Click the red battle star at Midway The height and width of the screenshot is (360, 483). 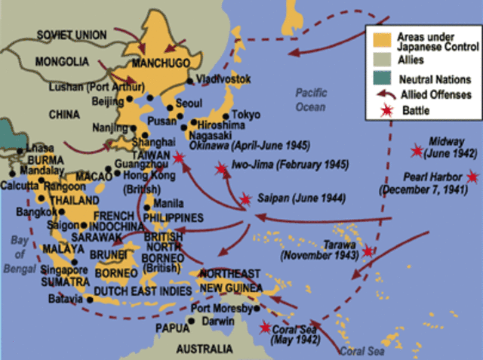[416, 151]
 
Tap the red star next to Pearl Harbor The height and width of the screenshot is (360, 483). [472, 177]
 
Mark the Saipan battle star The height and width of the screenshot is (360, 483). [245, 199]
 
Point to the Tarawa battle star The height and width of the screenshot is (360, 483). [368, 252]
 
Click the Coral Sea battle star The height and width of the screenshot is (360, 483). [264, 327]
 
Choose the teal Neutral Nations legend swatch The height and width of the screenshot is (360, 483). [375, 78]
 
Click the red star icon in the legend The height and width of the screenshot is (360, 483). [375, 110]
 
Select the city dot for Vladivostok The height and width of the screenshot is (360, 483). [189, 78]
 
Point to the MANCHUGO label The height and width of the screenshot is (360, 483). [165, 65]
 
